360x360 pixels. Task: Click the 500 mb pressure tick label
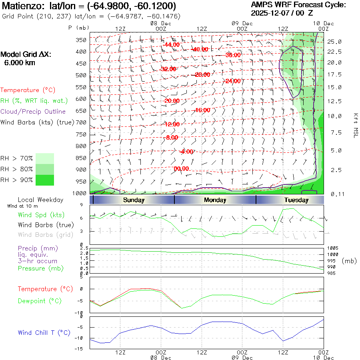tap(81, 75)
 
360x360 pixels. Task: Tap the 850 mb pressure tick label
tap(81, 158)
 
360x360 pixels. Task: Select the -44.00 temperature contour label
tap(171, 45)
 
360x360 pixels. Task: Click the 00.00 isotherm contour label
tap(181, 168)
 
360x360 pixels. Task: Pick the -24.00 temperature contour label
tap(232, 81)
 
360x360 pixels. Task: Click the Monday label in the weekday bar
tap(215, 200)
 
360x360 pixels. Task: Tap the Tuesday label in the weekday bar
tap(296, 200)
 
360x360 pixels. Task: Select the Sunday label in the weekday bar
tap(134, 200)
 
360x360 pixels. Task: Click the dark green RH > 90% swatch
tap(45, 180)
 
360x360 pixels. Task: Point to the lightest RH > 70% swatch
tap(45, 158)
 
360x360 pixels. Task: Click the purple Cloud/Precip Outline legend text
tap(33, 112)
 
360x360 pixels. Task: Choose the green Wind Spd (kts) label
tap(41, 215)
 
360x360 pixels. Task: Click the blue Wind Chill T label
tap(44, 332)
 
